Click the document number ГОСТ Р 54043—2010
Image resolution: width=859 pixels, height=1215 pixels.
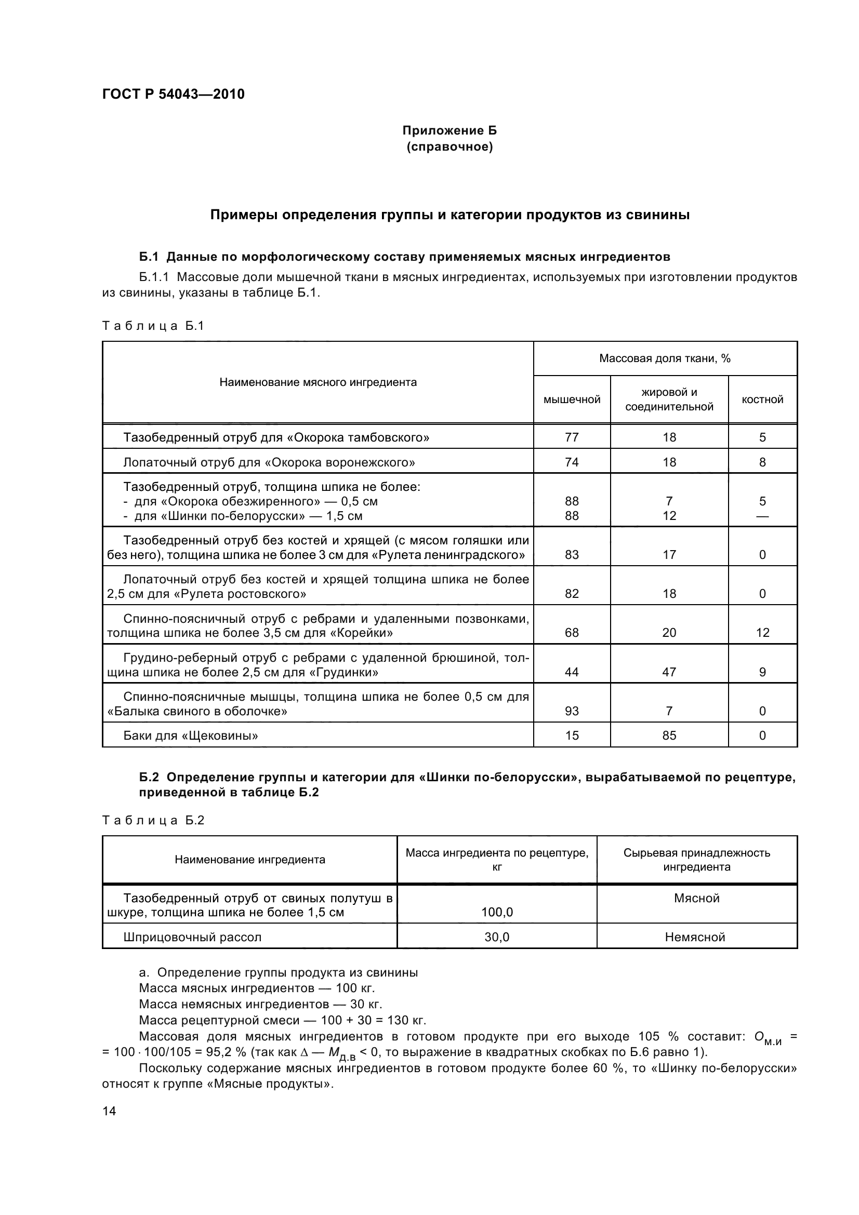[173, 94]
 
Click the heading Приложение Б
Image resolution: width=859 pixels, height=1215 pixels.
[450, 130]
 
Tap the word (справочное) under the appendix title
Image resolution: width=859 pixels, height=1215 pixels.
[450, 146]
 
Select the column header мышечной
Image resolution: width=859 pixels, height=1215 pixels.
[572, 399]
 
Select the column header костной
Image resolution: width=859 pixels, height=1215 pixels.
[762, 399]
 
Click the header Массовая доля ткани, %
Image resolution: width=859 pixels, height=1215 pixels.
[665, 358]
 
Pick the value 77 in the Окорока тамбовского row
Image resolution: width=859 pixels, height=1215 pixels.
[572, 437]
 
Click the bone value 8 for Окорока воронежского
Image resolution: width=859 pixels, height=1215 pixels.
[762, 462]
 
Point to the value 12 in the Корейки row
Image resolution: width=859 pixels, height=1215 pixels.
[762, 632]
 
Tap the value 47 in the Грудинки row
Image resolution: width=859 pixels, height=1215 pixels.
[669, 672]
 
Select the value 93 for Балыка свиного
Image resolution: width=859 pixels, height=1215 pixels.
[572, 711]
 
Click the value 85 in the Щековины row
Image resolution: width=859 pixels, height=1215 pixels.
[669, 735]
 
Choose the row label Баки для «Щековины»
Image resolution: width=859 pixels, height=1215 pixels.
[191, 735]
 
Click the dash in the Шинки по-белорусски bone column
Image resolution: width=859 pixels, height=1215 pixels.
[762, 516]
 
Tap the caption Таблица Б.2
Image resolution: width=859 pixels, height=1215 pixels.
[153, 820]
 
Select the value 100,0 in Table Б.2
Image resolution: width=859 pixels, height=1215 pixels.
[496, 912]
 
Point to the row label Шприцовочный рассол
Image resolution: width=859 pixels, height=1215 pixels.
[192, 937]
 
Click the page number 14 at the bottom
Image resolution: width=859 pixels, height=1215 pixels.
[109, 1110]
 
